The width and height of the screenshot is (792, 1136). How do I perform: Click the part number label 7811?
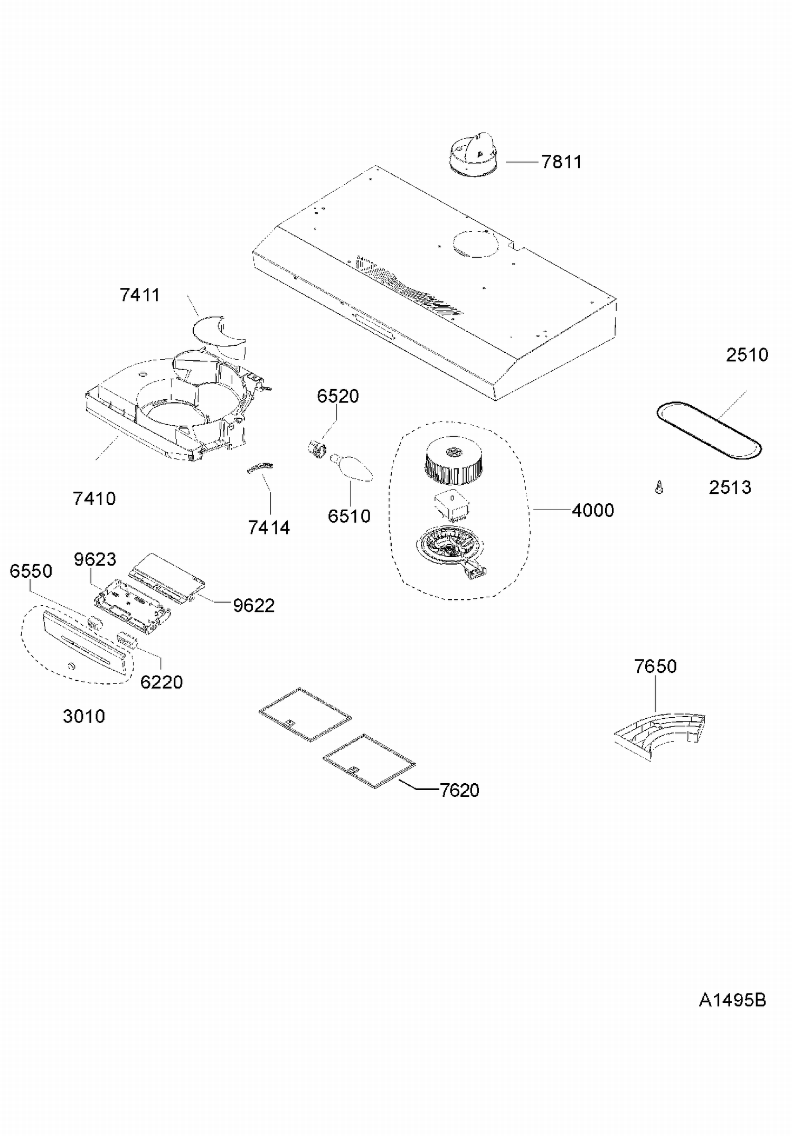click(561, 162)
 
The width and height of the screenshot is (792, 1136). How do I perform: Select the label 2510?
click(747, 355)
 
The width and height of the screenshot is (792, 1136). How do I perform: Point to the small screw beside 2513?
click(659, 487)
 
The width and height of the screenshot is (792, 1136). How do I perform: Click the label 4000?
click(593, 510)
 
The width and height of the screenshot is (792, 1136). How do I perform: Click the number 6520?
click(338, 396)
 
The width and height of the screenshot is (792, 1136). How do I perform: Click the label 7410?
click(95, 499)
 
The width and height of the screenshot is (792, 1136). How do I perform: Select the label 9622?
click(254, 606)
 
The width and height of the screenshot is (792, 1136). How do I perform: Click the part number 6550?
click(31, 571)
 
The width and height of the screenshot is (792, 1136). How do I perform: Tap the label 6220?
click(162, 682)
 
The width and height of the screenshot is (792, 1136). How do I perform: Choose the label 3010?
click(84, 717)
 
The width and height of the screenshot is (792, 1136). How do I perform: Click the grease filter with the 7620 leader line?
click(369, 761)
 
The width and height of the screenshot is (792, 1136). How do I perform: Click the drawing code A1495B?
click(732, 1000)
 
